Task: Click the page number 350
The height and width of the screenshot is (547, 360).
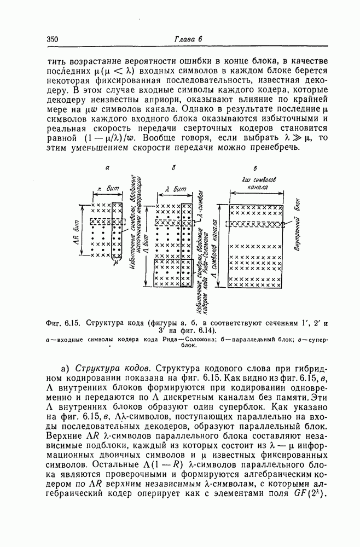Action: coord(53,39)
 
